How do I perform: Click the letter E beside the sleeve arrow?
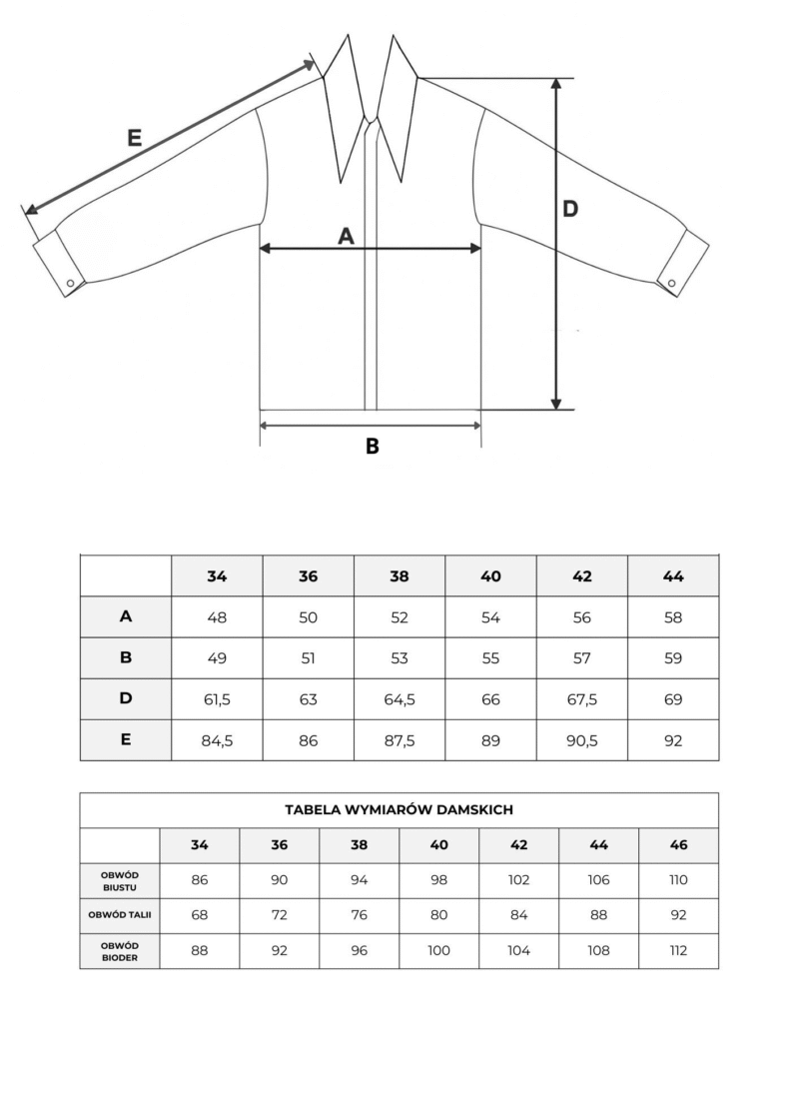coord(134,139)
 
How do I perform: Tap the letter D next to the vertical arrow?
coord(569,210)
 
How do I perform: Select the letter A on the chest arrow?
coord(346,236)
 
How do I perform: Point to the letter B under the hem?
coord(372,447)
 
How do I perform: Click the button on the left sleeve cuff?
coord(70,284)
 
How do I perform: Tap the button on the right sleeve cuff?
coord(672,280)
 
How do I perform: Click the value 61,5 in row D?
coord(217,699)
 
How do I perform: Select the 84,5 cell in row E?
coord(217,740)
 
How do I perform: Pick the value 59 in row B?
coord(673,658)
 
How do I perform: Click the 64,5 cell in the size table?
coord(399,699)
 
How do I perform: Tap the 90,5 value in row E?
coord(582,740)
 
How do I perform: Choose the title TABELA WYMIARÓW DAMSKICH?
coord(399,810)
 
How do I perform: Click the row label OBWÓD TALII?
coord(119,915)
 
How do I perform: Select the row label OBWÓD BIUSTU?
coord(119,880)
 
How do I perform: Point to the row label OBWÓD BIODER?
coord(119,950)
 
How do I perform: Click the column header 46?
coord(679,845)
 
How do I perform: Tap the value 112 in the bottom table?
coord(679,950)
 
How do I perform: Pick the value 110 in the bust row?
coord(679,880)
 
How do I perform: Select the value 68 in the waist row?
coord(200,915)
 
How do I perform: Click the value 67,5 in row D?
coord(582,699)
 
